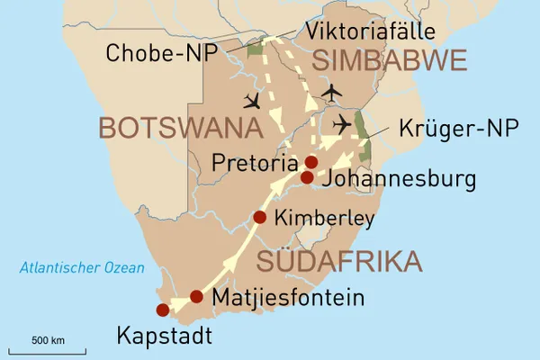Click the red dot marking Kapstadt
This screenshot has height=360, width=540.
(x=162, y=310)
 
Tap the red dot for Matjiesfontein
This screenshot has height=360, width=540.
(x=196, y=296)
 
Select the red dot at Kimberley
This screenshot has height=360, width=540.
(x=260, y=217)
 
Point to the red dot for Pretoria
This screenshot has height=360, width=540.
(x=311, y=162)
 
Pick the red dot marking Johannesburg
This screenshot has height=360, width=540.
(x=307, y=178)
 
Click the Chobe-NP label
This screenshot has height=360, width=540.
(x=160, y=53)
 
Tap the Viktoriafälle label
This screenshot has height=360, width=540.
(x=371, y=31)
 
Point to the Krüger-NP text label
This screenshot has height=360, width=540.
(x=456, y=129)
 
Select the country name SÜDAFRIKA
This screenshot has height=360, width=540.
(x=339, y=262)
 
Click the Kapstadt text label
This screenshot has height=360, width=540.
(x=164, y=337)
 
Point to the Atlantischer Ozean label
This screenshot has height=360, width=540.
(x=83, y=267)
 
